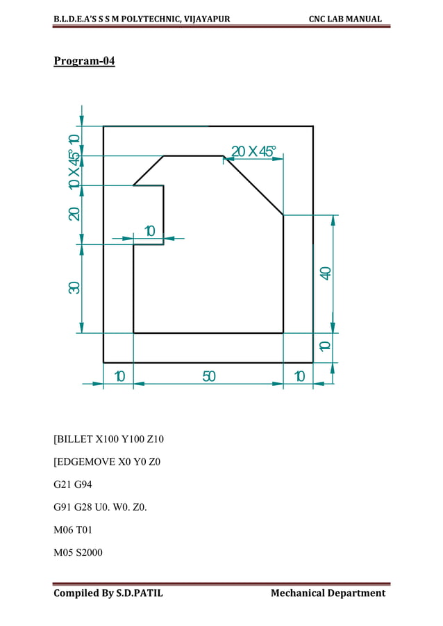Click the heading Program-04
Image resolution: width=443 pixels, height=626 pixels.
pos(84,62)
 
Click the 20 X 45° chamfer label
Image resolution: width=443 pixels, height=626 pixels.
pos(253,151)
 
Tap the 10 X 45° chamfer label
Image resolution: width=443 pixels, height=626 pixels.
pos(74,170)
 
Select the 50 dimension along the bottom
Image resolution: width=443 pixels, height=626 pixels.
pos(209,376)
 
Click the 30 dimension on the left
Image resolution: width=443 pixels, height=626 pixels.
pos(74,287)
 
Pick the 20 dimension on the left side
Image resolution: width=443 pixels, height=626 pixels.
pos(74,214)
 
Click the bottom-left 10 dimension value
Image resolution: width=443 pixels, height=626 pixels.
pos(119,376)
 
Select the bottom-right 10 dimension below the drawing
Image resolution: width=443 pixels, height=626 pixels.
pos(299,376)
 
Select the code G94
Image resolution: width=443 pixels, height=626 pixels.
pos(84,484)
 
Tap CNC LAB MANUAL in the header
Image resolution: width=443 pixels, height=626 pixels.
pos(345,19)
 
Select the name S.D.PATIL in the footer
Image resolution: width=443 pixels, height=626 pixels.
pos(135,593)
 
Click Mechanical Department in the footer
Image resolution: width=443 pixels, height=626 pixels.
pos(328,593)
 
